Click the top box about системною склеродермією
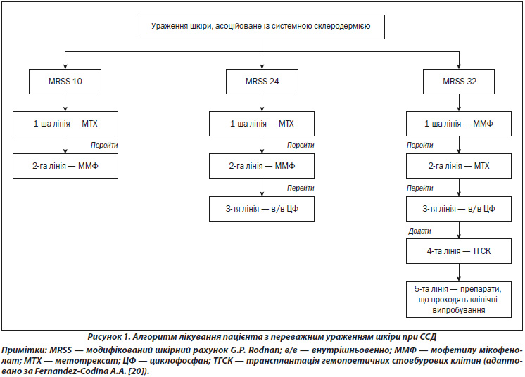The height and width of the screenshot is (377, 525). point(262,27)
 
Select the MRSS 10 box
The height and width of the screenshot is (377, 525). point(65,82)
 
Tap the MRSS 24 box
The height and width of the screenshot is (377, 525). point(262,82)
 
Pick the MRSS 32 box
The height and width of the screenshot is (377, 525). point(459,82)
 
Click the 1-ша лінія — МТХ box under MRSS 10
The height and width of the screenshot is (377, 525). point(65,124)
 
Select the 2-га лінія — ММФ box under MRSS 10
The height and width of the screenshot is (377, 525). point(65,166)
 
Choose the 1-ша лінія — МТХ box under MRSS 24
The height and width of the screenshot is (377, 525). point(262,124)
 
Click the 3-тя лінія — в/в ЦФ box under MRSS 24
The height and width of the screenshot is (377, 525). point(262,209)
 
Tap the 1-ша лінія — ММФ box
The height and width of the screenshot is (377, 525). point(459,124)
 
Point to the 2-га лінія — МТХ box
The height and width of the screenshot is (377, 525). point(459,166)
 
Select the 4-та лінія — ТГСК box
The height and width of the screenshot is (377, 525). point(459,251)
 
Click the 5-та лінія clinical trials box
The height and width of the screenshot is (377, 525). point(459,300)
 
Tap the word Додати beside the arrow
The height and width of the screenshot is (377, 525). point(419,231)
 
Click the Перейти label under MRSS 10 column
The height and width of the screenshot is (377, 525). point(104,145)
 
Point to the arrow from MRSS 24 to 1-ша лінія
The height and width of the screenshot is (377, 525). point(262,103)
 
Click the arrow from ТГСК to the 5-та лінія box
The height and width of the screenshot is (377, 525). point(459,272)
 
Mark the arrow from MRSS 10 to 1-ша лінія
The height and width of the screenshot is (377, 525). point(65,103)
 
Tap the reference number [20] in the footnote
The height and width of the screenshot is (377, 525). point(135,371)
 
